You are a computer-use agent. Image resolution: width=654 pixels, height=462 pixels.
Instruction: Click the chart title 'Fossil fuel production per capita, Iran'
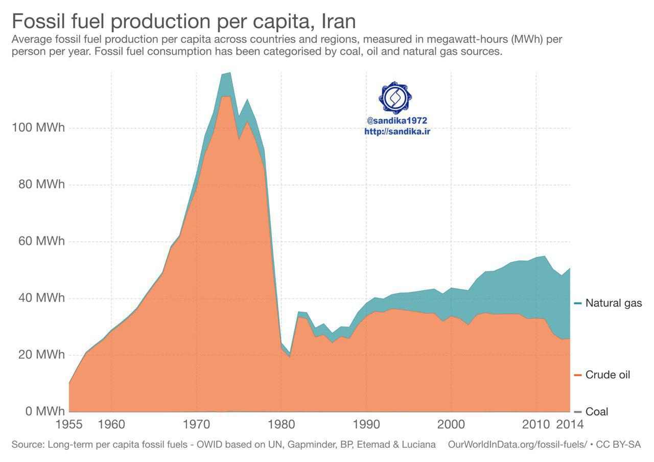click(183, 21)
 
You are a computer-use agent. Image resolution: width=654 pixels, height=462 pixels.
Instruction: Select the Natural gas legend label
click(614, 303)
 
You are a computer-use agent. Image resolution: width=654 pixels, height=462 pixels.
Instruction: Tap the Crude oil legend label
click(608, 375)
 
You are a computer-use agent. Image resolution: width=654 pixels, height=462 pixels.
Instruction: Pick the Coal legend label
click(597, 412)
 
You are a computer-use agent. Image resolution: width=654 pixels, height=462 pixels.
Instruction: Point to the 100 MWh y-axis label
click(38, 128)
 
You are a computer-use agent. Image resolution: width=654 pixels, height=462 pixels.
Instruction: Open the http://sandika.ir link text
click(396, 131)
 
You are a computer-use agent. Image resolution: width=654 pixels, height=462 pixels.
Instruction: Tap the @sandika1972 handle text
click(396, 121)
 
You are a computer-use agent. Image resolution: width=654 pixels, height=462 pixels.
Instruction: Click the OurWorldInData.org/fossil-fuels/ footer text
click(518, 445)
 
